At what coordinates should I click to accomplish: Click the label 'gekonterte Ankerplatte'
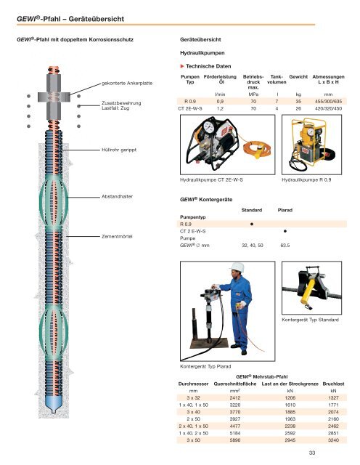click(127, 84)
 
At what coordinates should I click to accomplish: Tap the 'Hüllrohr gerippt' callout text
click(119, 150)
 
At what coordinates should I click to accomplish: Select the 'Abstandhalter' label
click(118, 196)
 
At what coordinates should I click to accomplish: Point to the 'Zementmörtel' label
click(117, 237)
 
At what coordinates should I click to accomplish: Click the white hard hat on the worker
click(237, 267)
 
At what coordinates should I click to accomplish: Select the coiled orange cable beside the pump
click(257, 149)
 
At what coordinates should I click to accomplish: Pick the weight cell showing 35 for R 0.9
click(298, 102)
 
